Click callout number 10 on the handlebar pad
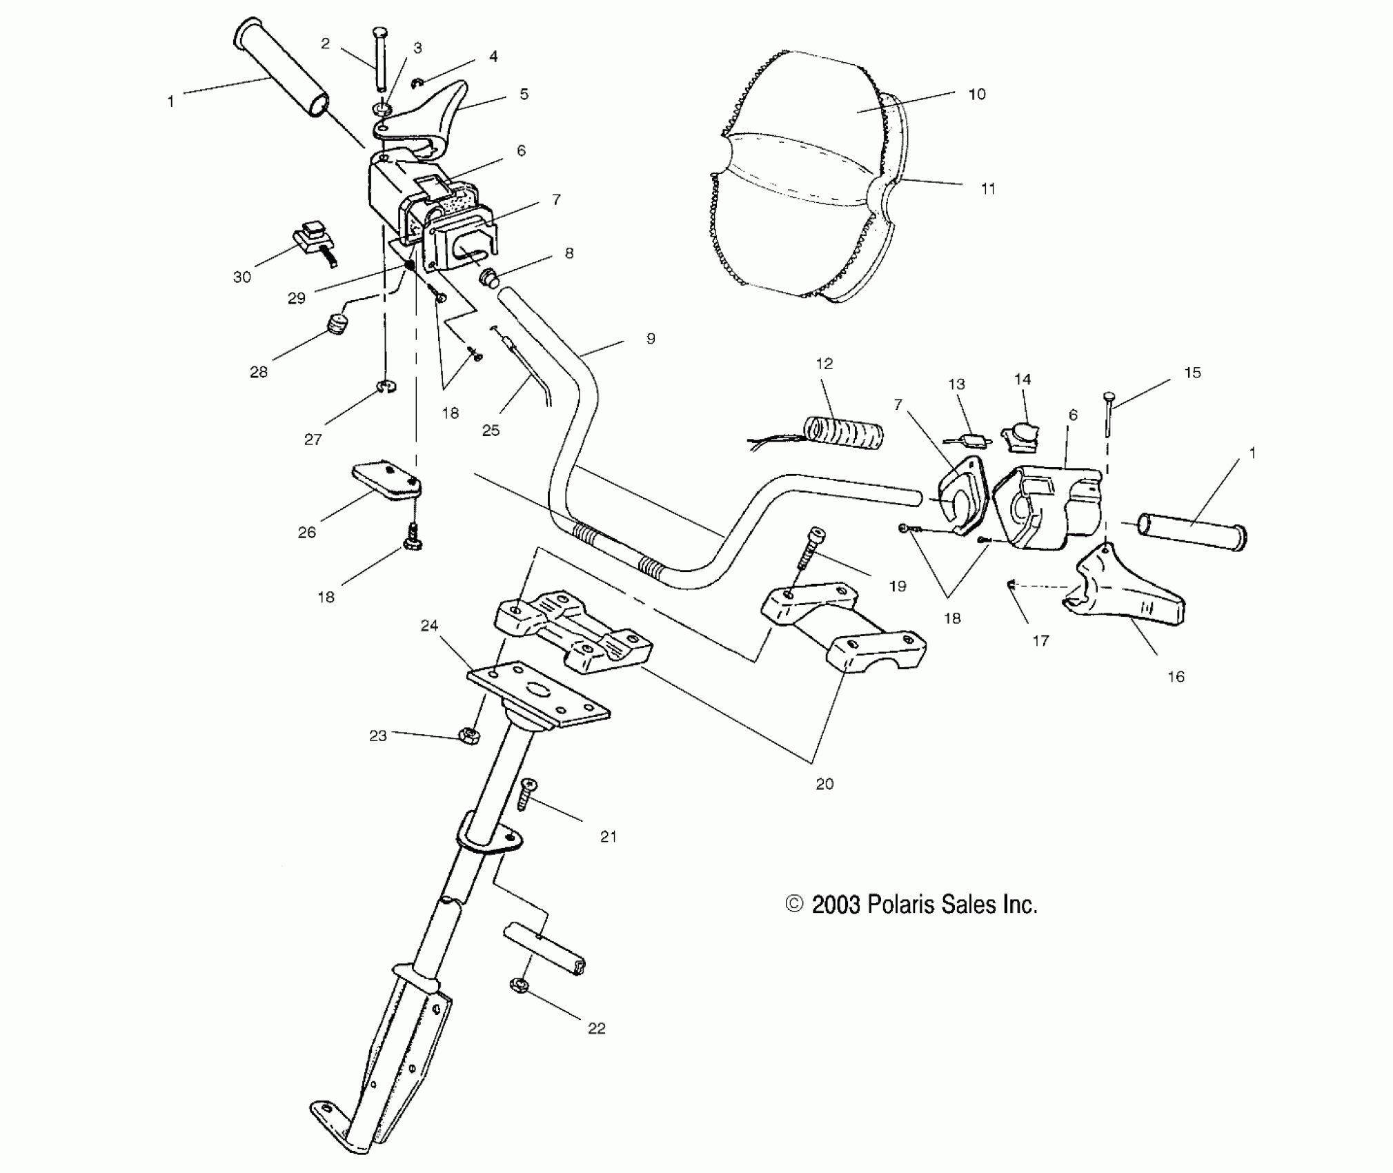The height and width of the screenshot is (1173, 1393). [x=977, y=95]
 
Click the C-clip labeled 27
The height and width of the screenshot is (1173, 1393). [x=386, y=388]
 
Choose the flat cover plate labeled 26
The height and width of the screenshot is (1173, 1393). [x=386, y=481]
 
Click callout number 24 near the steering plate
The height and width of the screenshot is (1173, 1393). [x=429, y=625]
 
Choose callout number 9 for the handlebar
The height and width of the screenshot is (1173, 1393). [x=650, y=339]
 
